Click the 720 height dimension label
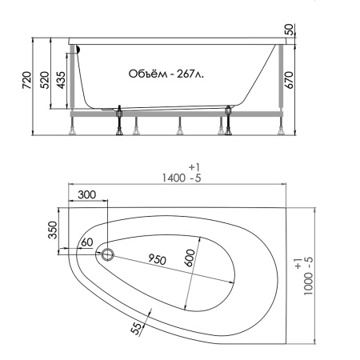pos(26,80)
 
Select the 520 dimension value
pos(45,80)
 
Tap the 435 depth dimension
pos(61,80)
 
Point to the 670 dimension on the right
pos(289,80)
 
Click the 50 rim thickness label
pos(289,30)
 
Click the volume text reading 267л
pos(190,74)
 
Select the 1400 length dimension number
pos(174,178)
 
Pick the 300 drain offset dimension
pos(87,194)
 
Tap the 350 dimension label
pos(53,230)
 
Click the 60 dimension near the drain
pos(87,242)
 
